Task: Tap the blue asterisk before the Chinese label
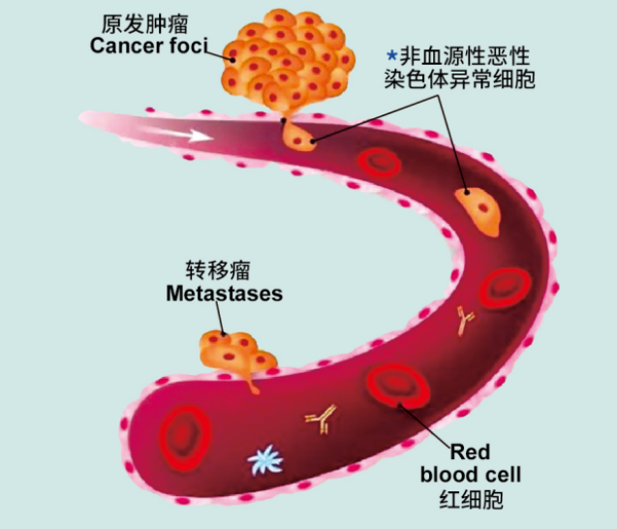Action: point(392,55)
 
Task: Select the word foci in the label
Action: point(188,46)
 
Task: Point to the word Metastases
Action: point(225,294)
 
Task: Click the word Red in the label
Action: point(470,451)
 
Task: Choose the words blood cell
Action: point(471,475)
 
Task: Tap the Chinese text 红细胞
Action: point(471,499)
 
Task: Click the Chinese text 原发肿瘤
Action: point(145,24)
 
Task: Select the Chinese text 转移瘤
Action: point(218,270)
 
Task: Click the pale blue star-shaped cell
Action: point(265,459)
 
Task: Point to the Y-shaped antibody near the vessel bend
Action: point(465,320)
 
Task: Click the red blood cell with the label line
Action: point(398,386)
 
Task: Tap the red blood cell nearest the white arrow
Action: point(379,162)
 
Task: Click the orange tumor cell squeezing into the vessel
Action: point(298,135)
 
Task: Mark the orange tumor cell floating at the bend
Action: point(478,210)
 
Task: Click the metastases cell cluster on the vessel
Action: point(235,355)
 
